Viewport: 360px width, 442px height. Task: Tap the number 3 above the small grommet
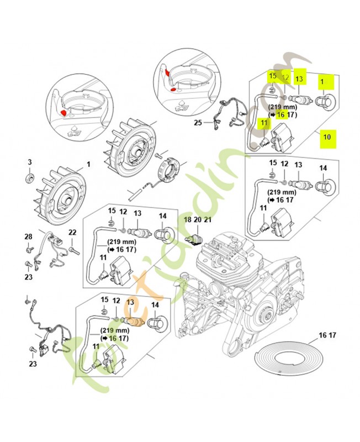pos(30,162)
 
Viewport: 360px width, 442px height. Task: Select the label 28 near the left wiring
pos(28,236)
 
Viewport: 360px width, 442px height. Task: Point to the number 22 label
pos(72,233)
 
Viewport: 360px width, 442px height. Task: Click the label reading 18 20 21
pos(198,219)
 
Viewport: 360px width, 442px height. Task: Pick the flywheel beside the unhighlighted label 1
pos(62,191)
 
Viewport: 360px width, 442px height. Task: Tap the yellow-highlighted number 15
pos(272,76)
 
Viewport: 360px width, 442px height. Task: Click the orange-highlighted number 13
pos(130,302)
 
